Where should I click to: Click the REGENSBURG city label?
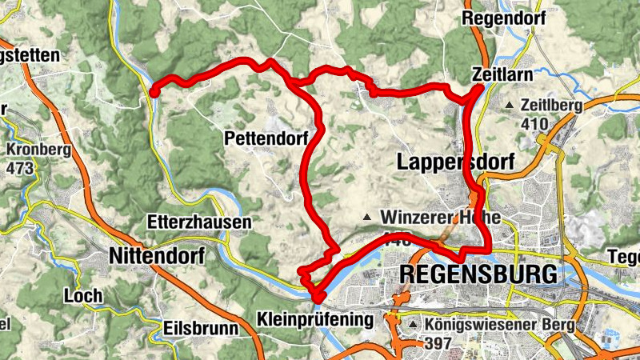point(477,274)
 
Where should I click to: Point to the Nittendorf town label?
point(157,256)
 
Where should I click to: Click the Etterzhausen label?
point(200,222)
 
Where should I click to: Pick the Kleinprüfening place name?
point(315,321)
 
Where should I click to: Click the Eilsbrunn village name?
point(201,328)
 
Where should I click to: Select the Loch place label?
point(84,296)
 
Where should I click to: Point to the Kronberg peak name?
point(38,150)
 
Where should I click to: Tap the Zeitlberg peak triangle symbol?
point(510,106)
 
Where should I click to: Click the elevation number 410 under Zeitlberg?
point(533,124)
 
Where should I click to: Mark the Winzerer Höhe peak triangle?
point(367,218)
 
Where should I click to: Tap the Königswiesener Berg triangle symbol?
point(414,326)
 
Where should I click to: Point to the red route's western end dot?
point(154,92)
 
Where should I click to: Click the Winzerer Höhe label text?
point(440,218)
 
